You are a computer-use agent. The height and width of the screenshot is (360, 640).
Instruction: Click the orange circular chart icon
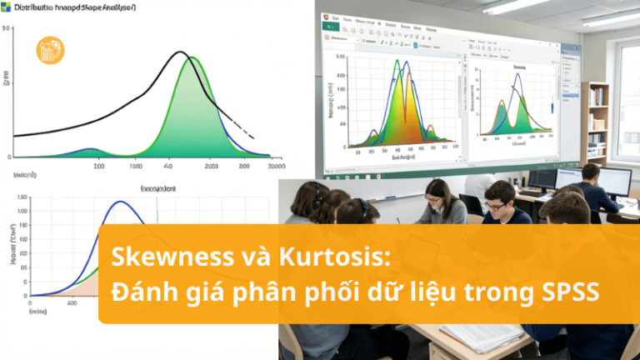51,50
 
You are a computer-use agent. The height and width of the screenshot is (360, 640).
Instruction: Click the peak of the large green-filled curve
192,58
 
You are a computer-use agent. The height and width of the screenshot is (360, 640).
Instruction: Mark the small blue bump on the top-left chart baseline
90,150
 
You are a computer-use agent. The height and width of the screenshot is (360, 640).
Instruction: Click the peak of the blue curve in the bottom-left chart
122,202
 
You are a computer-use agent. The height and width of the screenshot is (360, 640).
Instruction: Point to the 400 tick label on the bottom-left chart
73,303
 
